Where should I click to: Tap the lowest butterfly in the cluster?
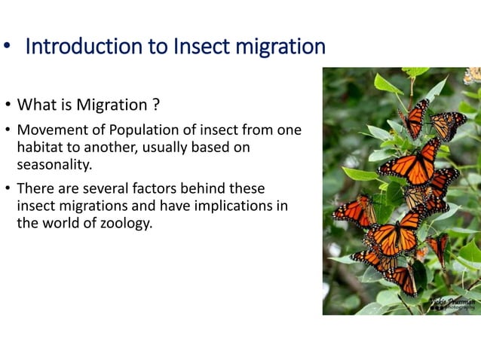tap(400, 280)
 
